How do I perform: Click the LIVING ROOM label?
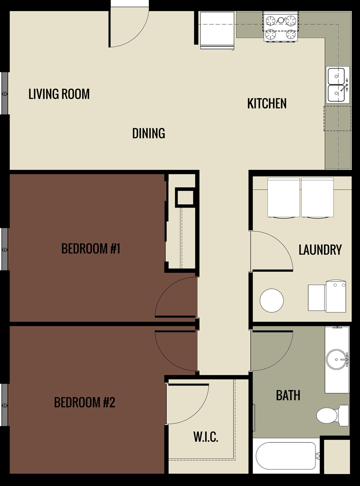click(59, 94)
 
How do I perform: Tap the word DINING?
click(148, 133)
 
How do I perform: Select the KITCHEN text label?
click(267, 103)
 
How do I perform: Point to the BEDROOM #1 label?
click(91, 249)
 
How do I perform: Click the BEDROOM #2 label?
click(85, 402)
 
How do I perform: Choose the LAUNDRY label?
click(320, 250)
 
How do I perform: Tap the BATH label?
click(288, 396)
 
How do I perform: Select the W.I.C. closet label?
click(206, 437)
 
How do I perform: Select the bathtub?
click(286, 456)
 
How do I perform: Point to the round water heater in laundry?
click(272, 300)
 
